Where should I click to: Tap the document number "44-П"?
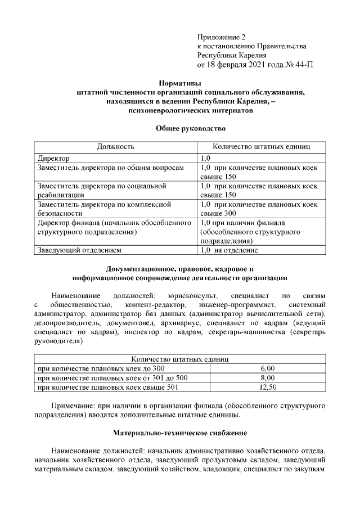click(302, 65)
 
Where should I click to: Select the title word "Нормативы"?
click(178, 83)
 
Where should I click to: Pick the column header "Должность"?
click(115, 147)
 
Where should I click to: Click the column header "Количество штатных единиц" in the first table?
click(261, 147)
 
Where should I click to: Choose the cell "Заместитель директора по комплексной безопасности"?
click(104, 209)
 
